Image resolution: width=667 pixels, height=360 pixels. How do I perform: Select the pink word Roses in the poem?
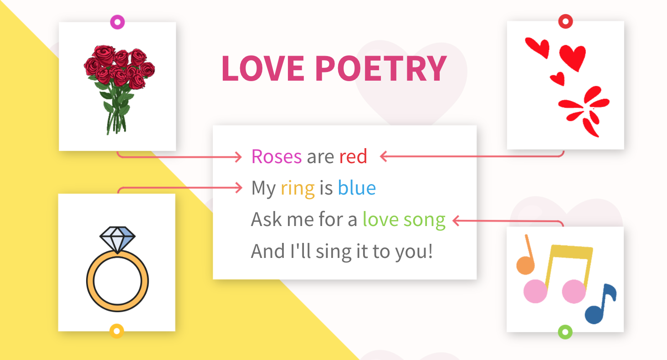(276, 157)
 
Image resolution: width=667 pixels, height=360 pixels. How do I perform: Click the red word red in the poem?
(353, 157)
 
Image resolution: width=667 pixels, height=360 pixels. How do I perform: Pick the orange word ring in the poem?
(298, 188)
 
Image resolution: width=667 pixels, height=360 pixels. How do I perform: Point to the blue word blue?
(357, 188)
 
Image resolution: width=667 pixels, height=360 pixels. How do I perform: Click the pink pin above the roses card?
(117, 21)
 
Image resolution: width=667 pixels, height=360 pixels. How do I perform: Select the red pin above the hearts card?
(565, 21)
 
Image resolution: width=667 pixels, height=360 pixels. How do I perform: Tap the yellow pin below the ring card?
(117, 331)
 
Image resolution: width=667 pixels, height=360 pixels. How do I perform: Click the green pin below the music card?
(565, 331)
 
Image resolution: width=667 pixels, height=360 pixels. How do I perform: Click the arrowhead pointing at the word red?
(384, 157)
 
